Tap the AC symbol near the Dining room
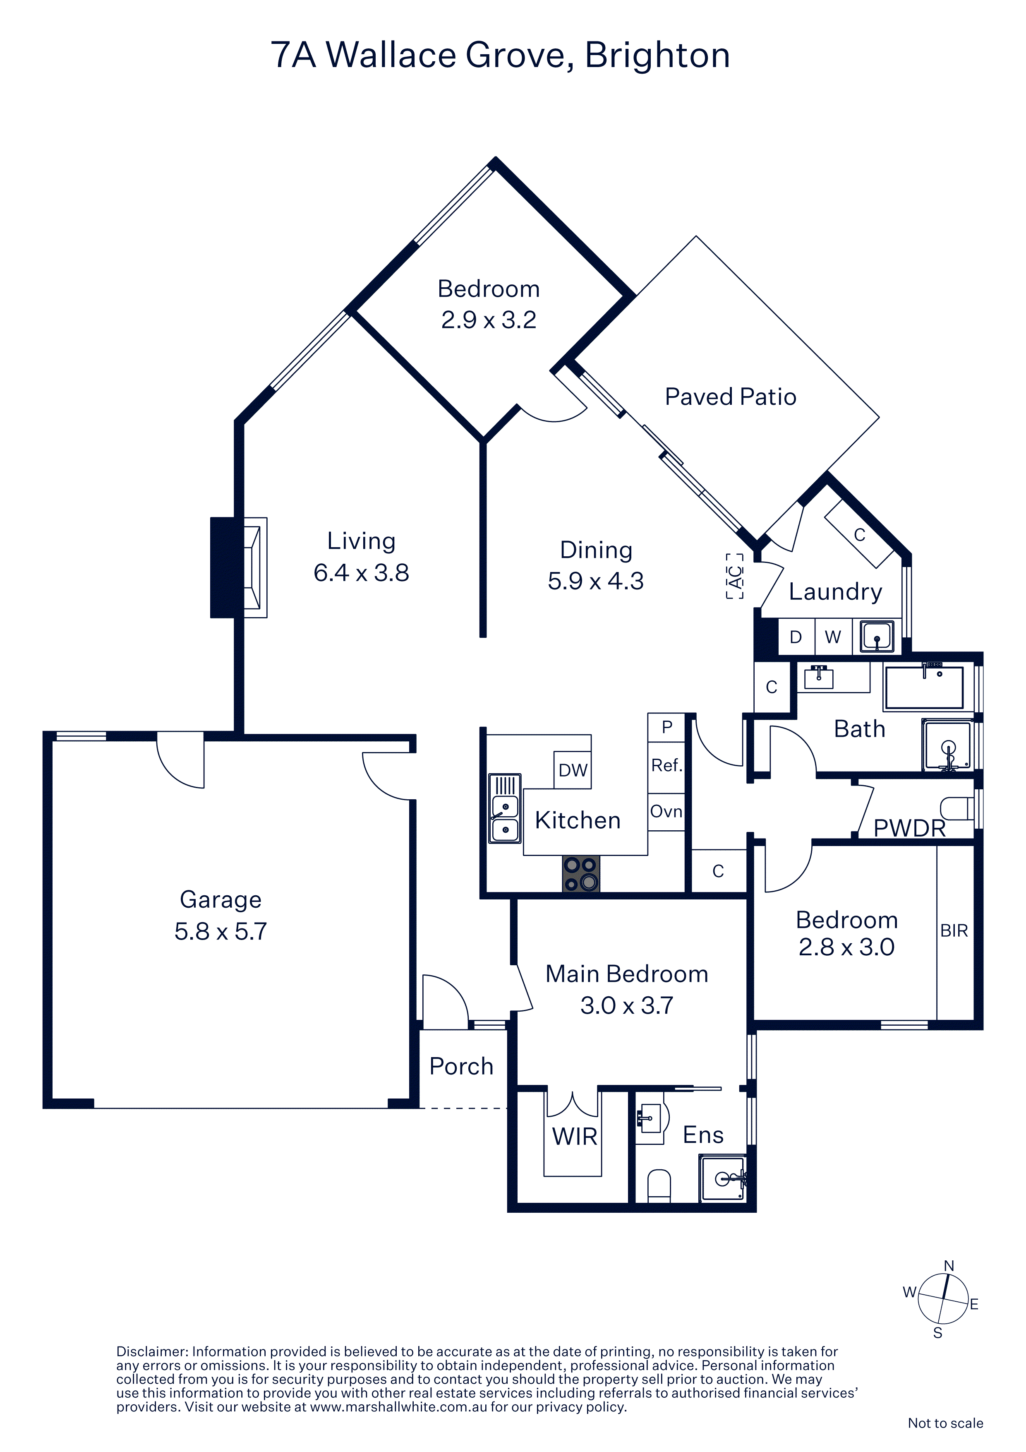[x=735, y=576]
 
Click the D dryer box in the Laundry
[x=796, y=637]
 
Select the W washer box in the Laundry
[x=833, y=637]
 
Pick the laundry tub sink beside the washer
[x=877, y=636]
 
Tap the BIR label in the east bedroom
[x=954, y=931]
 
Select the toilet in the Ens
[x=659, y=1185]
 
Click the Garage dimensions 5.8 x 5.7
[x=221, y=932]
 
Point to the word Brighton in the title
[x=657, y=55]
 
